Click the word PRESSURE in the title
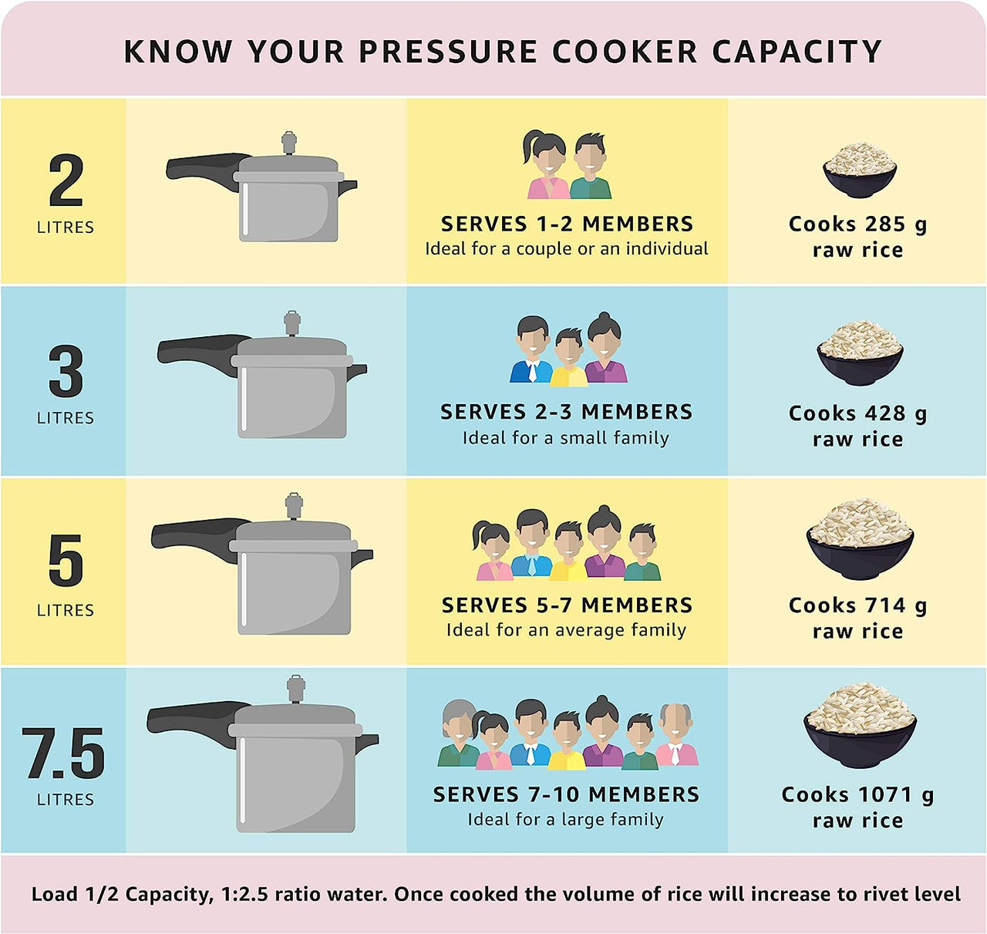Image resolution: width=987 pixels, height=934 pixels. (448, 52)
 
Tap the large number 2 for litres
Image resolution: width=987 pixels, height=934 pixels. (66, 181)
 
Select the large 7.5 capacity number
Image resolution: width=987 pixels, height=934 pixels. (63, 754)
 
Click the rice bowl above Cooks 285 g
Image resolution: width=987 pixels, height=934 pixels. (859, 170)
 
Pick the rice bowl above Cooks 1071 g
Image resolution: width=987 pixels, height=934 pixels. (860, 725)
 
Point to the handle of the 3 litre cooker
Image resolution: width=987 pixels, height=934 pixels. (197, 350)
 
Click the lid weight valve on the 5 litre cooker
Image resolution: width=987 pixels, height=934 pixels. (294, 506)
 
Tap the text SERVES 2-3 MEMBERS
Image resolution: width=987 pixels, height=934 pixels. (566, 412)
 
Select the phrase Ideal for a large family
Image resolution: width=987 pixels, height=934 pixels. (565, 819)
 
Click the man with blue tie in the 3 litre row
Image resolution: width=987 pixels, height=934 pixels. (531, 351)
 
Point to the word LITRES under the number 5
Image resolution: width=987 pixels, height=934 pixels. (66, 610)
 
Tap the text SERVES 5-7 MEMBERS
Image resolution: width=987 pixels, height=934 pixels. (567, 605)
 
